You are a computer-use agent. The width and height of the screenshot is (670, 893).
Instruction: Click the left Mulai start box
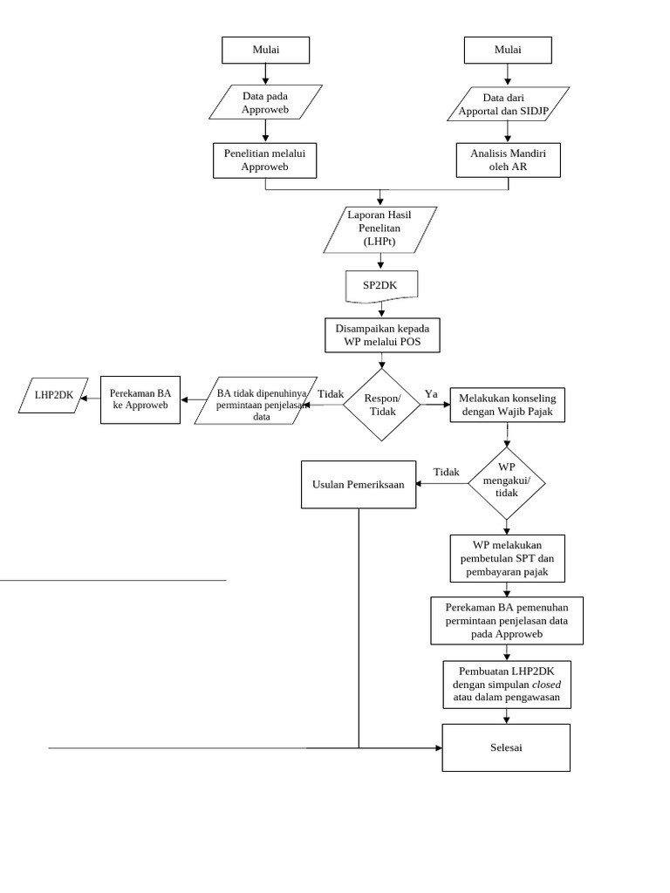tap(265, 50)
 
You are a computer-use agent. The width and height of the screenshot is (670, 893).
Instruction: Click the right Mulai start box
tap(508, 50)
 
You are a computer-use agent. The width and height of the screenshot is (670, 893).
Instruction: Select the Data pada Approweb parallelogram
tap(265, 102)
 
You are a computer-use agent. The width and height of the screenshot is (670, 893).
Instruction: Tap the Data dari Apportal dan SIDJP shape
tap(508, 104)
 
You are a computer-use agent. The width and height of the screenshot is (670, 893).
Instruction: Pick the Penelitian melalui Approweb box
tap(264, 160)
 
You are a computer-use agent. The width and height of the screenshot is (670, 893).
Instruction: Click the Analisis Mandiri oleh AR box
tap(508, 160)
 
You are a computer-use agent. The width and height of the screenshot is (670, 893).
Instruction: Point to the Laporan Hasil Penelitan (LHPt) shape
tap(380, 228)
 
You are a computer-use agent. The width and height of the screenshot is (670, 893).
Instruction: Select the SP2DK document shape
tap(380, 285)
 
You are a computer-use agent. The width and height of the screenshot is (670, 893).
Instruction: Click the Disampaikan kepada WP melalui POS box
tap(383, 335)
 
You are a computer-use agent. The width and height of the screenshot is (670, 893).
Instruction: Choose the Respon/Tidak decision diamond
tap(382, 405)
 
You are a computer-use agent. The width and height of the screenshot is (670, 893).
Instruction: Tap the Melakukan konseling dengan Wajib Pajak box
tap(507, 405)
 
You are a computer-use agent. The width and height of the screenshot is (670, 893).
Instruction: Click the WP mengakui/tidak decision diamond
tap(507, 484)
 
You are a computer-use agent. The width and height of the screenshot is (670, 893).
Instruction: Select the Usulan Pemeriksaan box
tap(359, 484)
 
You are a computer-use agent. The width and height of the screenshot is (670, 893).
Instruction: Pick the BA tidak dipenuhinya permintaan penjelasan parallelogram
tap(256, 401)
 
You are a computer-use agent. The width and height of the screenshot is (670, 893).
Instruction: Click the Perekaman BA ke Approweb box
tap(140, 399)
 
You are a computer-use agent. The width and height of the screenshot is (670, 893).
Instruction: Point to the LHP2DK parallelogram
tap(53, 396)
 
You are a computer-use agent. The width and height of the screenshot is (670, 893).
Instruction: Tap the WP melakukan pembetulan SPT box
tap(507, 558)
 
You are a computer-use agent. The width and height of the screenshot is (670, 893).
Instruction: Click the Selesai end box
tap(506, 747)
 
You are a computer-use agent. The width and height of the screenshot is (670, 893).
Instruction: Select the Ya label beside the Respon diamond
tap(431, 394)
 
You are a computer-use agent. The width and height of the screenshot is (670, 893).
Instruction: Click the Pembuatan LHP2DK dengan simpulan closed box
tap(507, 685)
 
